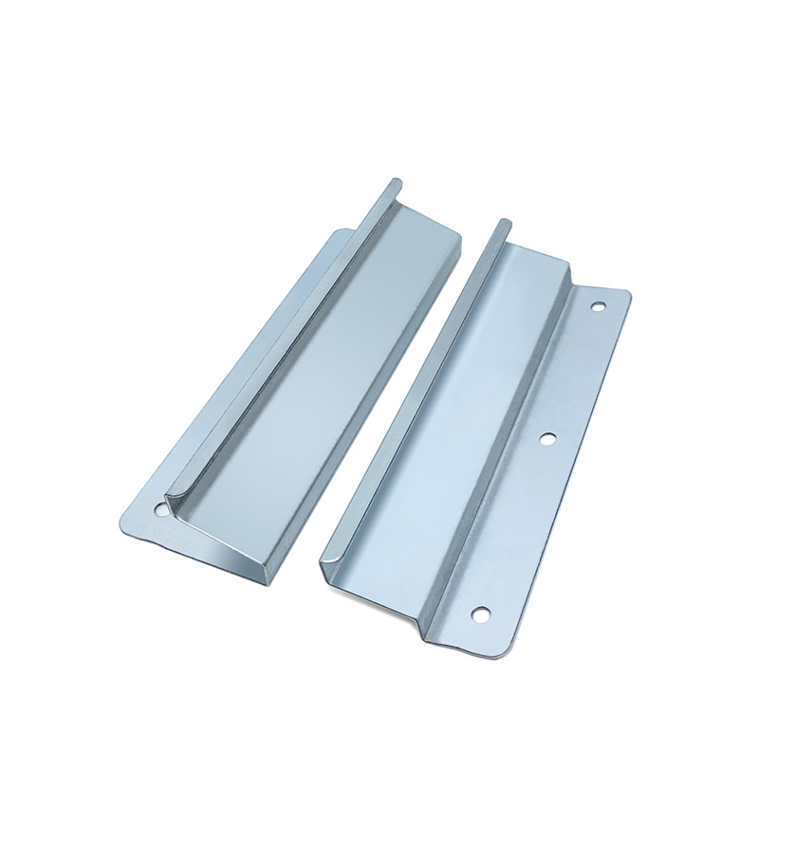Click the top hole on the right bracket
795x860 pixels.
point(598,306)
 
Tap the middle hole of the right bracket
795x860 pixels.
point(546,438)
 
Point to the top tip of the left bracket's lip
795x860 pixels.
point(393,181)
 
